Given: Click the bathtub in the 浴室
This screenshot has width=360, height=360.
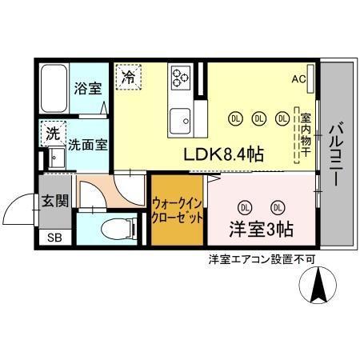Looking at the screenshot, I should click(x=55, y=89).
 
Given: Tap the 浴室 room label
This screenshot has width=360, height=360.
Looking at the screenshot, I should click(x=88, y=89).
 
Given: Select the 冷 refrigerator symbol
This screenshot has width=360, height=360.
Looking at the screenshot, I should click(x=128, y=78).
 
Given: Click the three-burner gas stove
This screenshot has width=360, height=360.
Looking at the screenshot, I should click(x=180, y=78).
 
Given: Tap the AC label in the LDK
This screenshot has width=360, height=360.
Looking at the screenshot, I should click(x=298, y=78).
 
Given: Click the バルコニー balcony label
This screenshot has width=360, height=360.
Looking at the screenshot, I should click(x=336, y=153).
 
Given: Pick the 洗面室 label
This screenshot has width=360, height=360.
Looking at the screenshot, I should click(x=86, y=146).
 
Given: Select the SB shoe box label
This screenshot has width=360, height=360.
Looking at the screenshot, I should click(x=54, y=238).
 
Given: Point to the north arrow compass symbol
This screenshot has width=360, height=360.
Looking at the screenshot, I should click(x=318, y=286).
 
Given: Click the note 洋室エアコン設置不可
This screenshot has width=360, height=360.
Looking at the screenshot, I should click(x=262, y=259).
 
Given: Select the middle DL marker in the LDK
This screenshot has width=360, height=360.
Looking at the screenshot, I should click(x=258, y=118).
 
